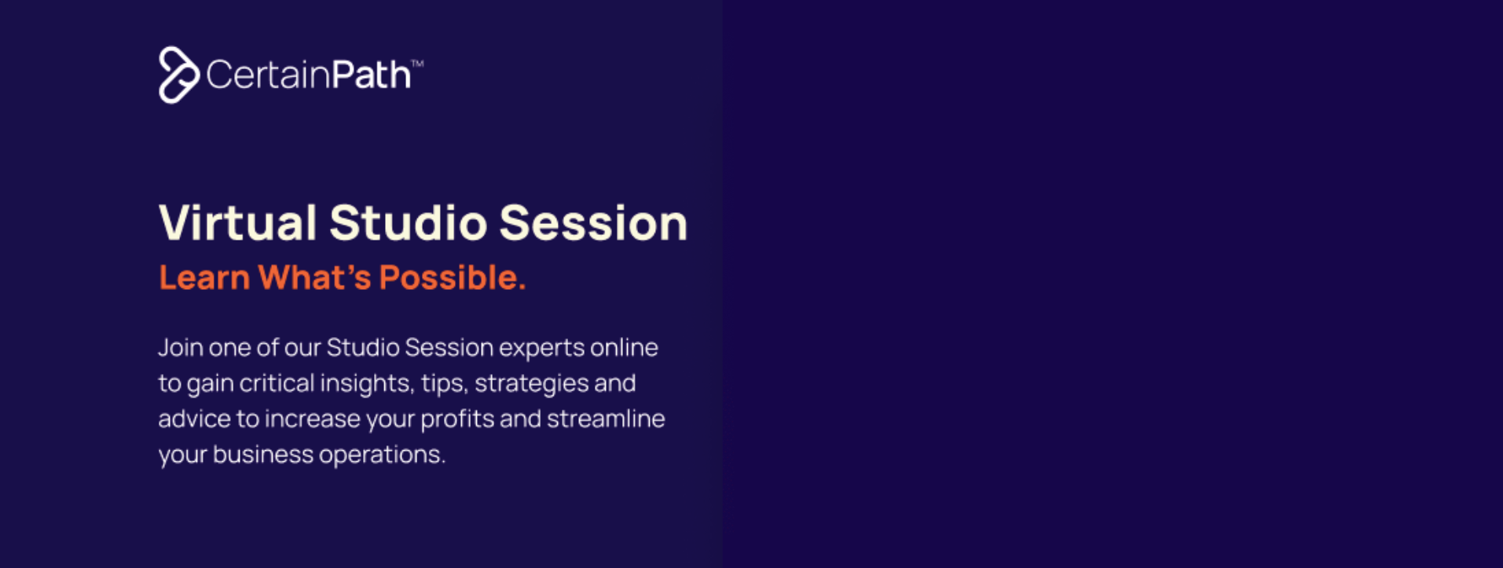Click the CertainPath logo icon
click(x=178, y=75)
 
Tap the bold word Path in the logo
click(x=371, y=75)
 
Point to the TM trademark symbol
click(x=417, y=64)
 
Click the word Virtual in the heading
click(x=237, y=222)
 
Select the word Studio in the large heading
click(x=408, y=222)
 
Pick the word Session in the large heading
click(x=593, y=222)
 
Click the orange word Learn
click(x=204, y=277)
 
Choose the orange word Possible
click(x=453, y=277)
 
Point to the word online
click(x=624, y=347)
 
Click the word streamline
click(x=606, y=418)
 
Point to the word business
click(x=263, y=454)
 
